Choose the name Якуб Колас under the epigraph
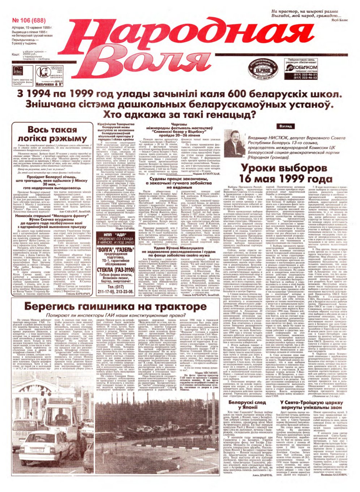pyautogui.click(x=338, y=21)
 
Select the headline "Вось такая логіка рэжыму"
pyautogui.click(x=57, y=134)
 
